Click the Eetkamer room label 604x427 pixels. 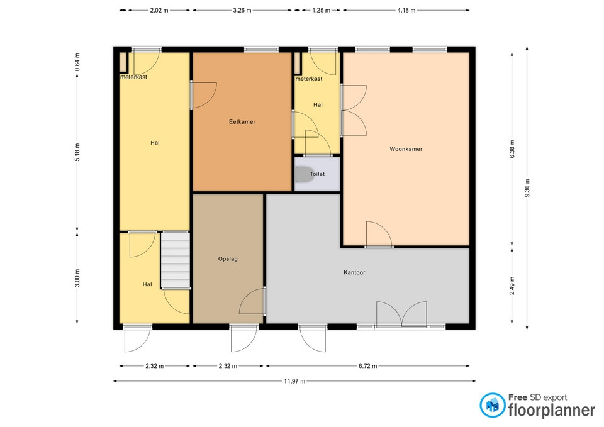[x=242, y=121]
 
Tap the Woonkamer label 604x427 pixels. [x=406, y=149]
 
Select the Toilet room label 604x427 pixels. [x=317, y=174]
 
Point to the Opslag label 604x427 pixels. [x=228, y=258]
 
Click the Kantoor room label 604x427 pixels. [x=354, y=272]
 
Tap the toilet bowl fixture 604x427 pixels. [x=303, y=174]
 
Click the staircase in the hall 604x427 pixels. [x=176, y=260]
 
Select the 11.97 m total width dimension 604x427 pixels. [x=294, y=381]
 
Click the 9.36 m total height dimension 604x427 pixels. [x=527, y=188]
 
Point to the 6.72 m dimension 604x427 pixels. [x=367, y=366]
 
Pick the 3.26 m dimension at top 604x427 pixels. [x=242, y=11]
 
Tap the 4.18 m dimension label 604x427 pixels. [x=406, y=11]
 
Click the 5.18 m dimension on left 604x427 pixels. [x=77, y=152]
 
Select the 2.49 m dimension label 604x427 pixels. [x=512, y=286]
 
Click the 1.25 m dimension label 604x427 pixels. [x=321, y=11]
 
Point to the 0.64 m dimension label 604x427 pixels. [x=77, y=62]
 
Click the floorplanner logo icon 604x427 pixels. [x=492, y=405]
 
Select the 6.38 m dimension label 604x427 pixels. [x=512, y=149]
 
